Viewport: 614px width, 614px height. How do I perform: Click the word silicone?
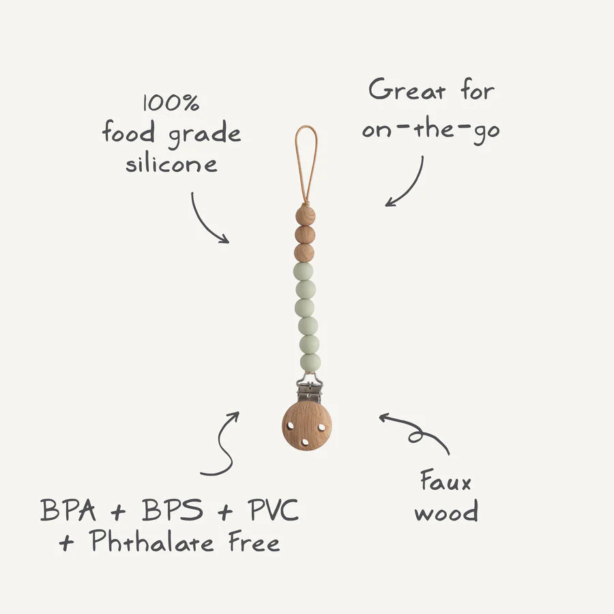(x=171, y=164)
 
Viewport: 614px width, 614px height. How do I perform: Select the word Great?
(x=407, y=89)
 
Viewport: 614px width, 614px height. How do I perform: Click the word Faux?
(x=445, y=480)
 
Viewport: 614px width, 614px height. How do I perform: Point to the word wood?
(x=446, y=510)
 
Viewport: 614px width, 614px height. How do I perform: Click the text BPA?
(x=68, y=510)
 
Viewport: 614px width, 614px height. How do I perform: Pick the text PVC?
(x=273, y=510)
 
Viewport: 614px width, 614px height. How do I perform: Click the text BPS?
(x=173, y=510)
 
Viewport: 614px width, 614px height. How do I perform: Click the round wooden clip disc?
(x=306, y=426)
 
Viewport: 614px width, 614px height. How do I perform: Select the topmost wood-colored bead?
(x=306, y=216)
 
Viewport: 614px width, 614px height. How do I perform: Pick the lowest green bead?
(x=310, y=363)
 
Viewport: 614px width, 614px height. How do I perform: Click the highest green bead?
(x=304, y=272)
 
